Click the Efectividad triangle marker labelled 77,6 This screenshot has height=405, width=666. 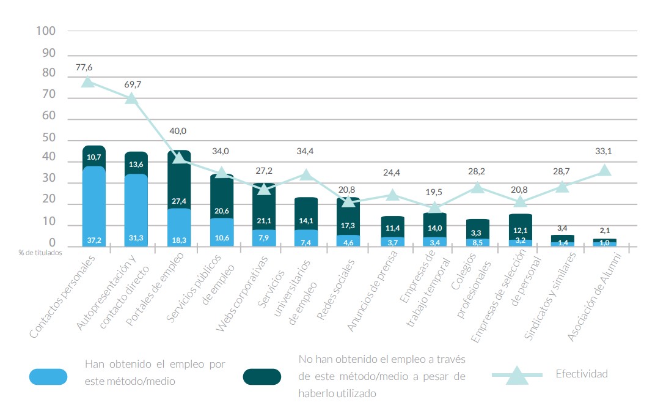point(88,81)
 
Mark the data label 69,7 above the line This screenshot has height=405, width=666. point(132,84)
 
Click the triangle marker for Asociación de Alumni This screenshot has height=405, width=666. point(604,170)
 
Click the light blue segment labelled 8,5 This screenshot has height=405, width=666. point(477,242)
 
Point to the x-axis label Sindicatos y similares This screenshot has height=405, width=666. point(550,296)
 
